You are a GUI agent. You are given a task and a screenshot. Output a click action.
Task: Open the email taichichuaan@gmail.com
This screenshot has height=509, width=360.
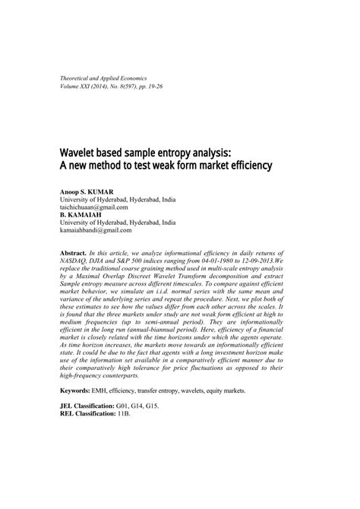(x=95, y=207)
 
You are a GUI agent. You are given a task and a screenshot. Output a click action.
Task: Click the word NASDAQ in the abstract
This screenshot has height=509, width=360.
(x=75, y=261)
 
